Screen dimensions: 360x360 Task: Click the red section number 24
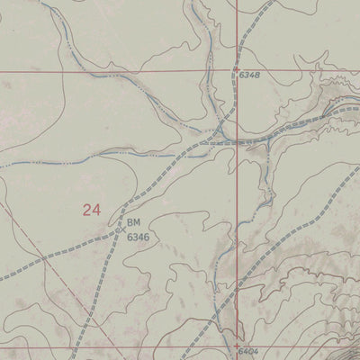click(91, 211)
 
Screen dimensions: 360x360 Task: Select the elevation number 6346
click(138, 238)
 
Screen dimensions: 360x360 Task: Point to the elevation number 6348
click(249, 76)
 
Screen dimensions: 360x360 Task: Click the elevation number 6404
click(249, 351)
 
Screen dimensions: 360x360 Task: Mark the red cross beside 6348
click(237, 68)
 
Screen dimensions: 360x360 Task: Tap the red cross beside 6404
click(237, 346)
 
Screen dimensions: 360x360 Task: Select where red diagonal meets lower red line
click(106, 347)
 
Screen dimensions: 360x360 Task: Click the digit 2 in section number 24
click(86, 211)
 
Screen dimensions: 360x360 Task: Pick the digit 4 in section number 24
click(95, 211)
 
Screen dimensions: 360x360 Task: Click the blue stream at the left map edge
click(2, 166)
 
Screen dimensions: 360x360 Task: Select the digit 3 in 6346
click(134, 238)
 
